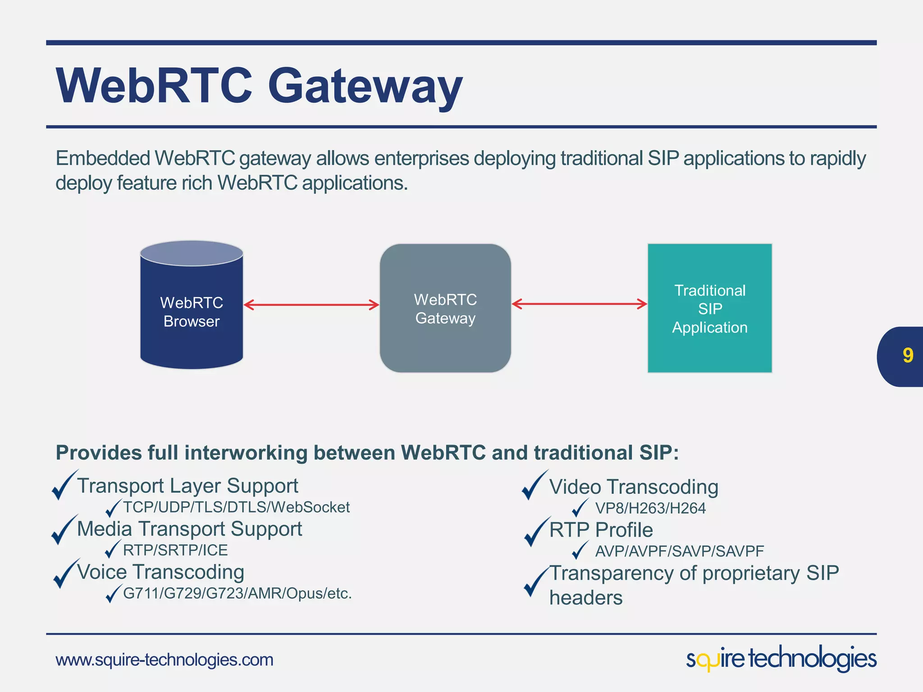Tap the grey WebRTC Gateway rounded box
[445, 309]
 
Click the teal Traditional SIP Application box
[710, 309]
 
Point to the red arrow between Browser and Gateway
[311, 305]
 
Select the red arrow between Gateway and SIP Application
[579, 304]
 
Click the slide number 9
[908, 356]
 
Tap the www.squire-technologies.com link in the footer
[164, 660]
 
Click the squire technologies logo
[781, 659]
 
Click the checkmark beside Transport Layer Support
[63, 486]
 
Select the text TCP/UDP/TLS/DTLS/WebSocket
[236, 507]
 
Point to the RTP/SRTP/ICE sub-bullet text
[175, 551]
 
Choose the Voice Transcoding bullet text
[160, 572]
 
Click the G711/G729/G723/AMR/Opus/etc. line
[237, 593]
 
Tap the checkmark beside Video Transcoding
[534, 486]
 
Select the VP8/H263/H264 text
[650, 509]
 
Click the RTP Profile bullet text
[601, 530]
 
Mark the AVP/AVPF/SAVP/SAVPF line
[680, 551]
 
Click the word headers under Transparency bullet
[586, 598]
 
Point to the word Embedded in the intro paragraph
[103, 159]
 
